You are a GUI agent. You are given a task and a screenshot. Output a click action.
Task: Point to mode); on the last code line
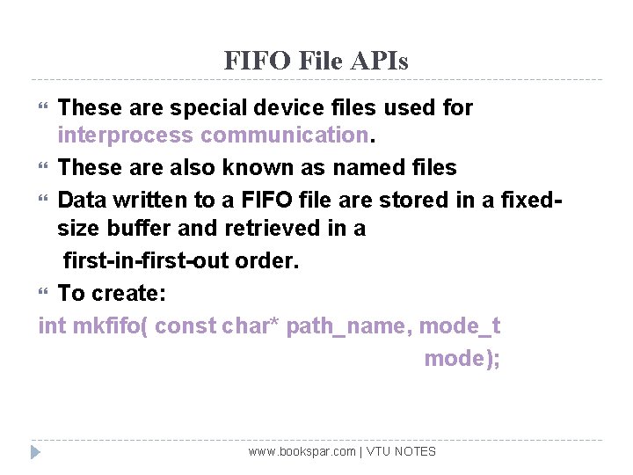coord(462,359)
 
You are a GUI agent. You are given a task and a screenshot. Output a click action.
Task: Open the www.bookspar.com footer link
coord(302,452)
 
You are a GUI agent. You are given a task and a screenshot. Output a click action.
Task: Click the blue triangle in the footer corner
coord(35,452)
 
